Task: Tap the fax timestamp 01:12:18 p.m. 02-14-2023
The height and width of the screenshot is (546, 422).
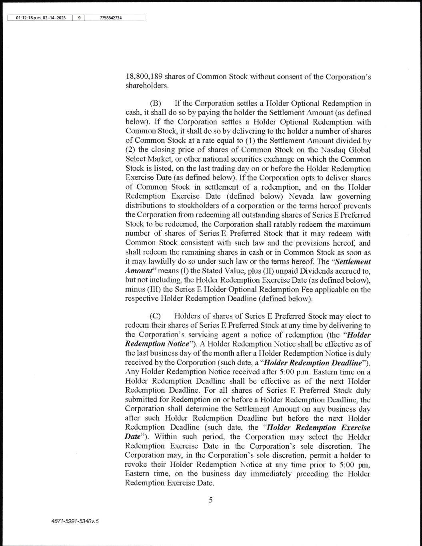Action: [40, 18]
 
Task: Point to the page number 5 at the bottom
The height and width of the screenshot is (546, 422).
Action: [210, 500]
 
